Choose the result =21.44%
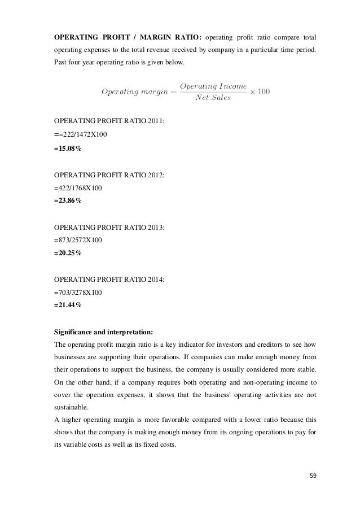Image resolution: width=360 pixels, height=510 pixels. tap(67, 306)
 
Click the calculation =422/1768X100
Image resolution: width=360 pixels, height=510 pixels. tap(78, 188)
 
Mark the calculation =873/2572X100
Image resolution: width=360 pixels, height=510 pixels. tap(78, 239)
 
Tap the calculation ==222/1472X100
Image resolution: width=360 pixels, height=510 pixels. tap(80, 134)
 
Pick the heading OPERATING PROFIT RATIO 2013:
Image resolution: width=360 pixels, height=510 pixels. tap(109, 227)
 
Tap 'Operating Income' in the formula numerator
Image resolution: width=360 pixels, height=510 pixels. tap(212, 85)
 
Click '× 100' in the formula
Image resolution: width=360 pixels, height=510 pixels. tap(261, 91)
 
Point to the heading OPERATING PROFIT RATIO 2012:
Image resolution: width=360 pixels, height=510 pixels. tap(109, 175)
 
